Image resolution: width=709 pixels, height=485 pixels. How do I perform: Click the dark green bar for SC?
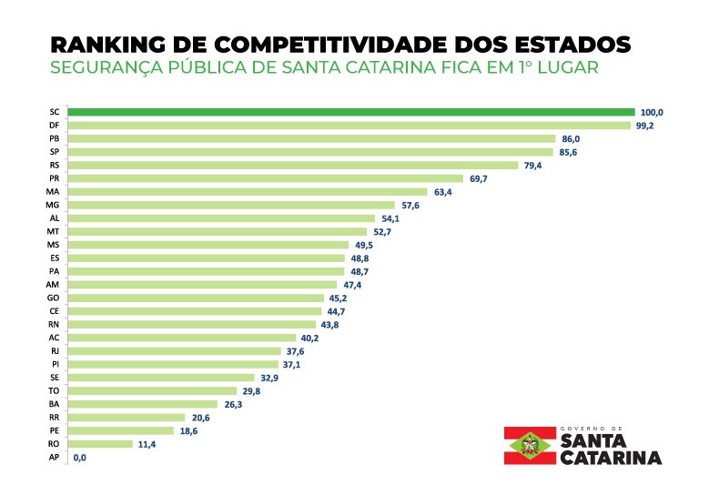point(351,112)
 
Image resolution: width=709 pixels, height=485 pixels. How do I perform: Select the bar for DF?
point(349,126)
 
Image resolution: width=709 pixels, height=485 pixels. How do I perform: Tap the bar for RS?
point(293,165)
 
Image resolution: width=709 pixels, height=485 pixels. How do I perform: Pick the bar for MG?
point(231,205)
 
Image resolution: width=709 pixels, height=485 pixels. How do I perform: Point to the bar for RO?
point(100,444)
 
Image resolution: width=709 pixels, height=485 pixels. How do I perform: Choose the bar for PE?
point(121,430)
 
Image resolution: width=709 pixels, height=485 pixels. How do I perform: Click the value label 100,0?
point(652,113)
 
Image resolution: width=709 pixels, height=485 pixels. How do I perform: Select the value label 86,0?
point(571,139)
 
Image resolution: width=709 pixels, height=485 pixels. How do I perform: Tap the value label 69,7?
point(479,179)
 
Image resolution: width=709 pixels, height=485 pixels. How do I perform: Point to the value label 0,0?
point(79,458)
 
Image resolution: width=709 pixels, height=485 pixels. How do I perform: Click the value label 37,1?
point(291,365)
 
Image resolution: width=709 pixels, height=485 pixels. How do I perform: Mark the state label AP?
point(54,457)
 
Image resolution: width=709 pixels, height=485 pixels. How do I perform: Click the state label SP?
point(55,151)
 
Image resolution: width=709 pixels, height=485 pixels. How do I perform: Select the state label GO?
point(53,298)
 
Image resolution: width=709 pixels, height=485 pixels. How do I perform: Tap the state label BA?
point(54,404)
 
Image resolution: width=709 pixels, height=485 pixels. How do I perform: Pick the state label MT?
point(53,231)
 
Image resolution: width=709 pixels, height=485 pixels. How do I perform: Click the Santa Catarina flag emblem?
point(530,445)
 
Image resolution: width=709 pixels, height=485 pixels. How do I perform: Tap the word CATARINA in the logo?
point(611,458)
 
